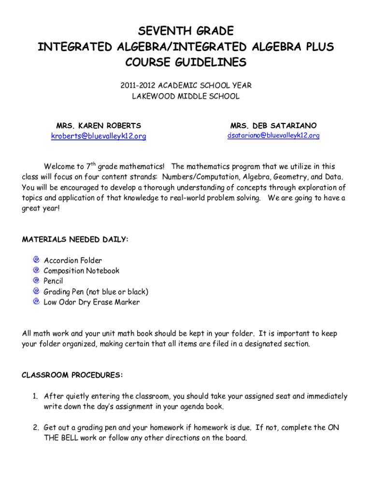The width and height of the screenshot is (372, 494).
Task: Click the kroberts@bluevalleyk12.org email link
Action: click(99, 137)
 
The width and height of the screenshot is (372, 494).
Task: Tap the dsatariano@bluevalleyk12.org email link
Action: click(273, 136)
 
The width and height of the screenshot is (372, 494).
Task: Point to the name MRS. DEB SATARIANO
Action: click(273, 126)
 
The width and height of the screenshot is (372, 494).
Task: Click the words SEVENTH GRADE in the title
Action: click(186, 32)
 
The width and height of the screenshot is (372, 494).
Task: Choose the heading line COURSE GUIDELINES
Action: click(186, 63)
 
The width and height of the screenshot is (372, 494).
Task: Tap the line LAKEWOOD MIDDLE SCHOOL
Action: click(186, 96)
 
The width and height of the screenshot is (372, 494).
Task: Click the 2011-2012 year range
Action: click(137, 86)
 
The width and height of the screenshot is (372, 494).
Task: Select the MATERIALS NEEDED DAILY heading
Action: click(75, 240)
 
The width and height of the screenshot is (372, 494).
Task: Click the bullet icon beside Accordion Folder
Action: click(36, 260)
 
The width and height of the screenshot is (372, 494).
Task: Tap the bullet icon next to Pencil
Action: click(36, 280)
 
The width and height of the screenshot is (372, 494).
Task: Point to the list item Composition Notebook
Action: click(81, 271)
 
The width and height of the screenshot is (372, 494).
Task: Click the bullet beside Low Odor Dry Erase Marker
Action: click(36, 302)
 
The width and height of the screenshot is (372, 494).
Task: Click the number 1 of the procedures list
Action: click(35, 397)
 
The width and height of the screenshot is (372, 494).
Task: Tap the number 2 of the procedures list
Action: click(35, 428)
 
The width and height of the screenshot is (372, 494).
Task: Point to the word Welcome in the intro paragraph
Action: click(60, 167)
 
